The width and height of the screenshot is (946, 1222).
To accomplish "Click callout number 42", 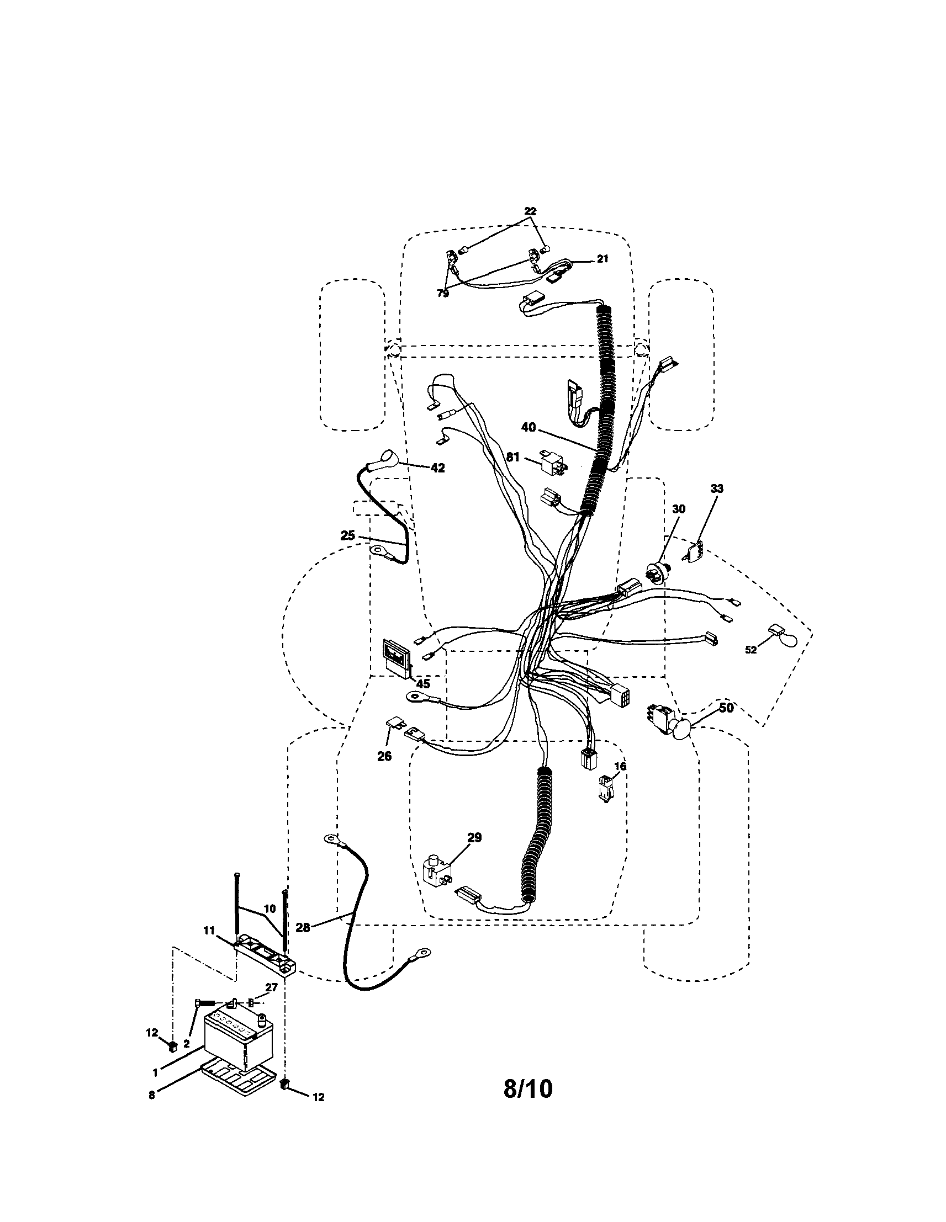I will pos(437,468).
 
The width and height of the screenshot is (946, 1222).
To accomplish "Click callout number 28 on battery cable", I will pos(303,928).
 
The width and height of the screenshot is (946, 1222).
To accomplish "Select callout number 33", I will pos(716,488).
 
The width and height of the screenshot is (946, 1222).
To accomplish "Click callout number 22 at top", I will pos(530,211).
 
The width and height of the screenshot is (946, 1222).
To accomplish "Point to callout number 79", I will pos(443,293).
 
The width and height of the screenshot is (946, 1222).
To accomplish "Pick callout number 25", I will pos(347,535).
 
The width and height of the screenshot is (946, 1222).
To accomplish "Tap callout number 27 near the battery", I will pos(271,987).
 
